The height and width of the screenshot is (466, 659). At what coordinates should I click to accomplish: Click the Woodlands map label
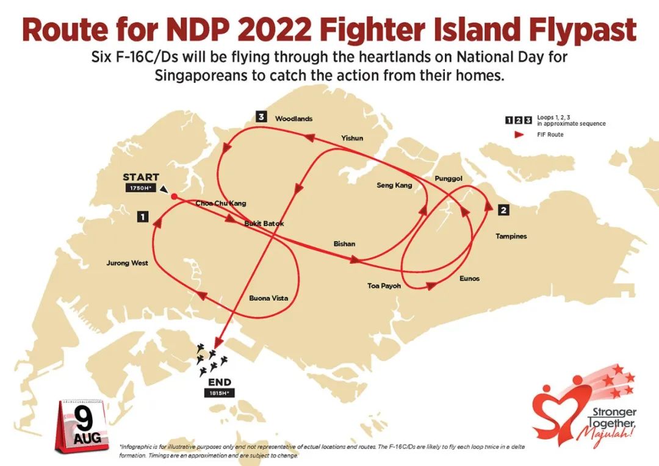[293, 118]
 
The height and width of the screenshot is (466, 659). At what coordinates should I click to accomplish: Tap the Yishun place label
[352, 138]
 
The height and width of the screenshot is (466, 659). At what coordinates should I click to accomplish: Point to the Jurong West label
[127, 263]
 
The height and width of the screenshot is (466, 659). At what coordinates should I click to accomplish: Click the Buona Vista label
[268, 298]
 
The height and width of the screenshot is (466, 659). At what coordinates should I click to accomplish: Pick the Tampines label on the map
[511, 236]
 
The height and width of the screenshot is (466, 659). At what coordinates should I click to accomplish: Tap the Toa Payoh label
[384, 285]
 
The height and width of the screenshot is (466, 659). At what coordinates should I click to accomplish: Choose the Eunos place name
[469, 279]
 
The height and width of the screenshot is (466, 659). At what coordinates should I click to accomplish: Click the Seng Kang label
[394, 185]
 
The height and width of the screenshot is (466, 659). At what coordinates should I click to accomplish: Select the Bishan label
[344, 244]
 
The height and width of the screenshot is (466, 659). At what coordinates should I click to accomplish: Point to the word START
[141, 177]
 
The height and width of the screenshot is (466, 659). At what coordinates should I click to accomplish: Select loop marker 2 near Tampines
[503, 210]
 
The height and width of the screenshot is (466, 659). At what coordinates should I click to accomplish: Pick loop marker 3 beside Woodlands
[262, 117]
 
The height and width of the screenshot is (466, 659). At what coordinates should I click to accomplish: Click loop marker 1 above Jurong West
[143, 216]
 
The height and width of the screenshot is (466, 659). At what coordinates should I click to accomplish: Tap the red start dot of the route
[174, 196]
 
